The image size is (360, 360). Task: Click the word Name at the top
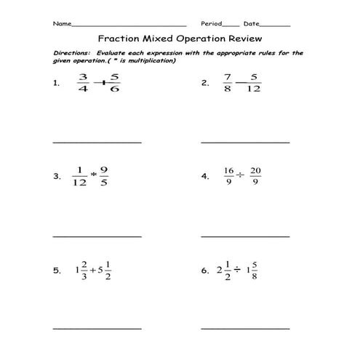pos(62,24)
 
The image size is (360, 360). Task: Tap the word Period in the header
pos(210,24)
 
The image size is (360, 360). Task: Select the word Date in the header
pos(251,24)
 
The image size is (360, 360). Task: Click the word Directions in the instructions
pos(73,53)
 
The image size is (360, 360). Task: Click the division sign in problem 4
pos(241,177)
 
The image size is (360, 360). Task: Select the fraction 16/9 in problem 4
pos(228,177)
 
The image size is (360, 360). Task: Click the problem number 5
pos(56,271)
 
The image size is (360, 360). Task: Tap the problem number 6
pos(204,271)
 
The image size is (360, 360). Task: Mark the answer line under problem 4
pos(244,236)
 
